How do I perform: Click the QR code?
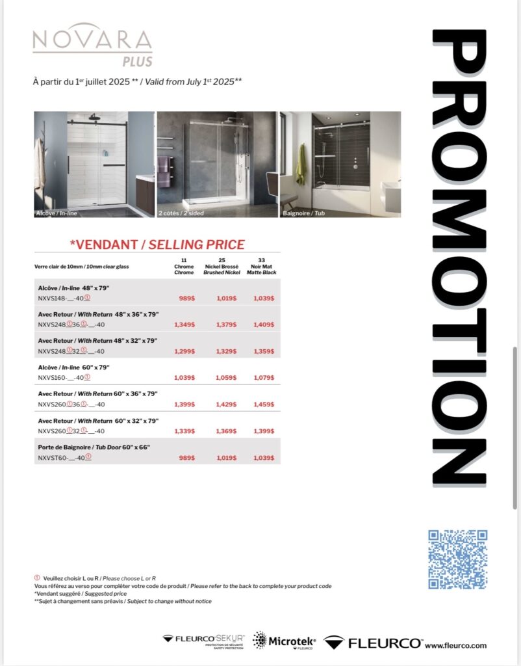[x=457, y=559]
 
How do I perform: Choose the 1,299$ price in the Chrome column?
[x=185, y=351]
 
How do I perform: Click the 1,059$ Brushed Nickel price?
[x=225, y=377]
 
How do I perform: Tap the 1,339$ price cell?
[x=185, y=431]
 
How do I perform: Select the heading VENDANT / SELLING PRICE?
[x=157, y=245]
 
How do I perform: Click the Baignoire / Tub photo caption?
[x=302, y=213]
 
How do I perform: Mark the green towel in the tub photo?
[x=300, y=164]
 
